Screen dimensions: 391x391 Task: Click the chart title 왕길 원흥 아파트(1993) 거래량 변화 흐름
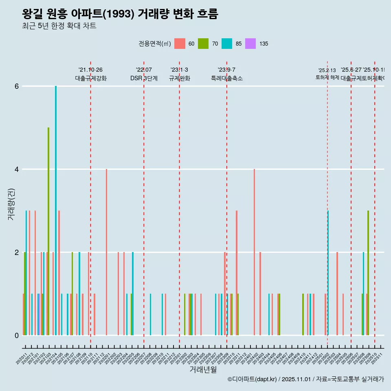(120, 14)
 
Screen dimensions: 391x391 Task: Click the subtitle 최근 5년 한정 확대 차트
(59, 26)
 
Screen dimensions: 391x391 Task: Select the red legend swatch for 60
(180, 44)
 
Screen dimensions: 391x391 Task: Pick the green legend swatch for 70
(203, 44)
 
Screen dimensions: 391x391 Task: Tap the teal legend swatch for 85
(227, 44)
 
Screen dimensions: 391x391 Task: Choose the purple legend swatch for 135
(250, 44)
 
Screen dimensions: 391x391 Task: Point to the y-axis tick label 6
(17, 86)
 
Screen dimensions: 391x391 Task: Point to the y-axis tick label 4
(17, 169)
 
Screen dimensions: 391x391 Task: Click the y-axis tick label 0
(17, 336)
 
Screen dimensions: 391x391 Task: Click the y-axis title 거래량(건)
(11, 204)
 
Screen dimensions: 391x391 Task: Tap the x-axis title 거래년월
(203, 369)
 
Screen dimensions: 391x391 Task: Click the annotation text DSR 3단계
(144, 78)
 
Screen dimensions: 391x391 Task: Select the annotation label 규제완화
(179, 78)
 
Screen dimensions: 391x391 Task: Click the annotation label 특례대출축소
(226, 78)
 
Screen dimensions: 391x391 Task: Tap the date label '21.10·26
(90, 70)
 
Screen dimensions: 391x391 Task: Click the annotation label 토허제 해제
(327, 77)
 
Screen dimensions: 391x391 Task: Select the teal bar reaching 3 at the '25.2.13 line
(328, 273)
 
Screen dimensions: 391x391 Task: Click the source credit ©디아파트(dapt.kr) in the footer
(253, 379)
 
